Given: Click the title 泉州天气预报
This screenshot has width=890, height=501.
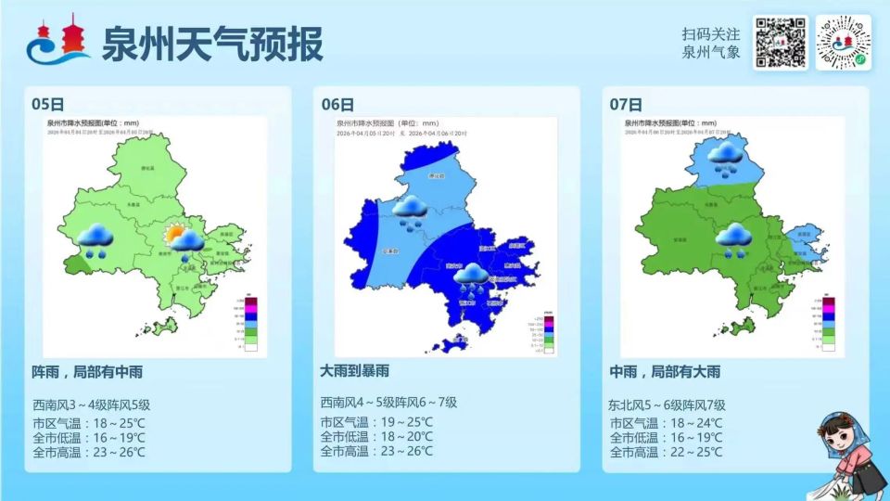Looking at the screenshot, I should (x=212, y=43).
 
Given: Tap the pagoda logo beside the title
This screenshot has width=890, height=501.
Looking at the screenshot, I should (x=58, y=43).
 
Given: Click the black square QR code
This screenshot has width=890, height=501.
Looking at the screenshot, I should (x=780, y=43).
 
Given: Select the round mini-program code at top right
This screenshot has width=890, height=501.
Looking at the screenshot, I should (x=843, y=43).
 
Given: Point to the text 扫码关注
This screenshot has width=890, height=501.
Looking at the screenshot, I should (x=711, y=33).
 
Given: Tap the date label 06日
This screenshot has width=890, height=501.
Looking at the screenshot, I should (x=337, y=104).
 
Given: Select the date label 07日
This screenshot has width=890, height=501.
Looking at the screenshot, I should (x=626, y=104).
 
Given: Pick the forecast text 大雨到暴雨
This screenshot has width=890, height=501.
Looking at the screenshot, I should (x=362, y=372).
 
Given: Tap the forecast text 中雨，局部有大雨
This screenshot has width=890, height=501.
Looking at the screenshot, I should (x=664, y=372).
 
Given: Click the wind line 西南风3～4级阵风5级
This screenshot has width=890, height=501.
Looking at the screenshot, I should (x=91, y=405).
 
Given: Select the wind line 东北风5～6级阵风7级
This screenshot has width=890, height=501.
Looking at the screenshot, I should (x=667, y=405).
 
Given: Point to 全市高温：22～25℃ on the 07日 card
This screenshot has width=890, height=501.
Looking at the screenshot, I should (x=666, y=452).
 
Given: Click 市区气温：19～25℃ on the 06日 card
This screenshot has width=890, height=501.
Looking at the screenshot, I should (x=376, y=422).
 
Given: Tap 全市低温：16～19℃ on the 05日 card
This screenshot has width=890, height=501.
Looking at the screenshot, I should (x=88, y=437).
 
